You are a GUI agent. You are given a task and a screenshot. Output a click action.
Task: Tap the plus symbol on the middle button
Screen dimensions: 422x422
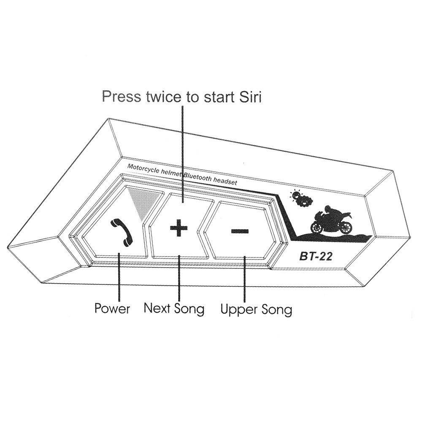(x=179, y=228)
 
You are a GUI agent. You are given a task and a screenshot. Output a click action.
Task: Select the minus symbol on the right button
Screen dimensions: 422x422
(x=240, y=231)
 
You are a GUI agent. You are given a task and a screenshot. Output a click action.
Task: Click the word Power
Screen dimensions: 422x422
(x=112, y=308)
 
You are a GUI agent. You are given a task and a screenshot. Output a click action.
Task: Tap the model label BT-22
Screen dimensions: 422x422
(x=316, y=257)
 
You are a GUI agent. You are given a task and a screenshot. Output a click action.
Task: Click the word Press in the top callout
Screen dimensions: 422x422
(x=122, y=96)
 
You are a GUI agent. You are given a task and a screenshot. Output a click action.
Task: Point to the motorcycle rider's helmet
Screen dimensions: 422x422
(x=327, y=208)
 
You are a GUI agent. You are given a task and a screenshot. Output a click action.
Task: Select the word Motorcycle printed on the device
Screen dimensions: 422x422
(x=143, y=169)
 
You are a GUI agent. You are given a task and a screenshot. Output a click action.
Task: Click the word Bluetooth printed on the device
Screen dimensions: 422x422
(x=197, y=177)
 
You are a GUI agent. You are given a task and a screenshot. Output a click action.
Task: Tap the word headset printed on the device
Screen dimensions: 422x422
(x=225, y=181)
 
